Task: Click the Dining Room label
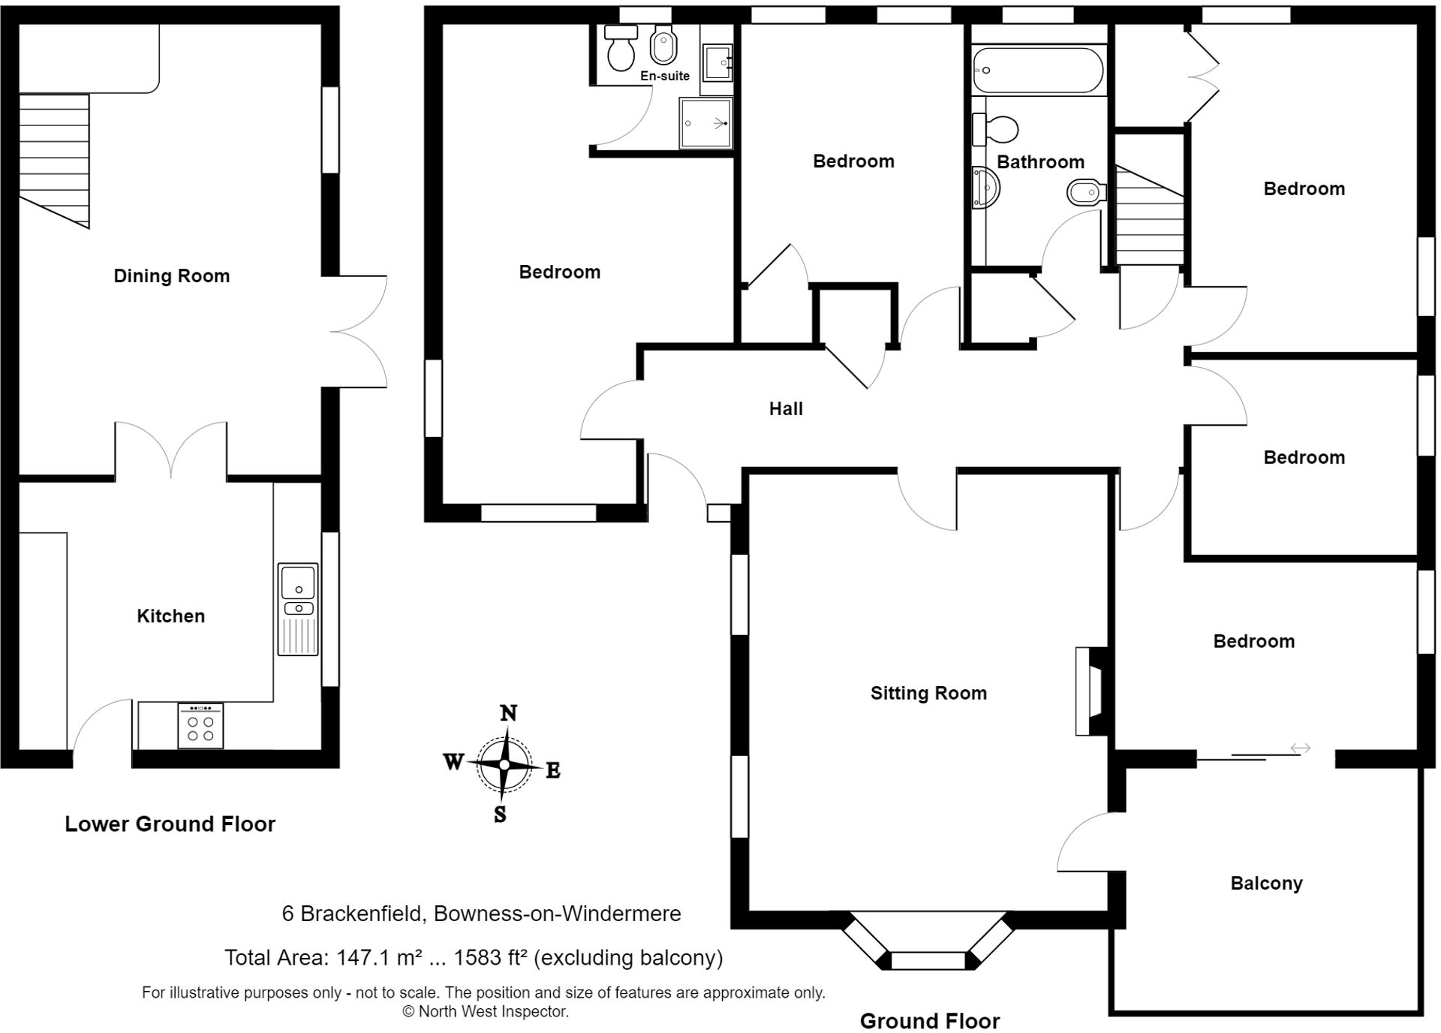[171, 276]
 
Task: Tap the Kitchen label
[170, 616]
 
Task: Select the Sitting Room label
[928, 694]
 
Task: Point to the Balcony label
[1266, 884]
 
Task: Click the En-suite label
[664, 76]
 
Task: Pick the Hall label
[786, 409]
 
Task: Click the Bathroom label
[1040, 162]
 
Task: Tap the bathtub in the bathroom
[1038, 71]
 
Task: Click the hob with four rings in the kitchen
[200, 726]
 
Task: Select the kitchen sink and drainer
[298, 609]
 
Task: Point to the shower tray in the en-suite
[705, 123]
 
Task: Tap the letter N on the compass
[508, 713]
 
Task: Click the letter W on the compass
[453, 763]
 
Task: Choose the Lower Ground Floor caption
[170, 824]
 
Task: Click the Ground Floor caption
[929, 1022]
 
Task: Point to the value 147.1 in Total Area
[362, 959]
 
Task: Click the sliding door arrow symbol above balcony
[1300, 748]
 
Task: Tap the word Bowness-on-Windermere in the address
[557, 914]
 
